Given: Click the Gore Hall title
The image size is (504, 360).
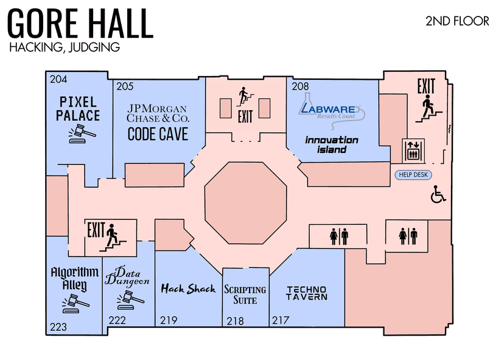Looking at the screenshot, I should click(x=80, y=24).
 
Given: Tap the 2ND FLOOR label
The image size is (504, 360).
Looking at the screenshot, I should click(x=457, y=21).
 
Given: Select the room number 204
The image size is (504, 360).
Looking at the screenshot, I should click(x=58, y=79).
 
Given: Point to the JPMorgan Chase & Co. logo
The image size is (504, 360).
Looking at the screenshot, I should click(x=158, y=113).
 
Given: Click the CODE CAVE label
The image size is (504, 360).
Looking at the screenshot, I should click(x=158, y=134).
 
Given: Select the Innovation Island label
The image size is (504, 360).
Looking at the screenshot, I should click(x=331, y=145).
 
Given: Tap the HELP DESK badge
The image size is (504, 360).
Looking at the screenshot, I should click(x=412, y=175).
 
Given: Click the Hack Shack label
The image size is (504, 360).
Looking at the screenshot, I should click(x=188, y=289).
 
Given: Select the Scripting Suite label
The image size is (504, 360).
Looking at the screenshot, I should click(x=245, y=295).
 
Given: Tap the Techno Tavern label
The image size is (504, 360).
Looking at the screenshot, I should click(x=307, y=293).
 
